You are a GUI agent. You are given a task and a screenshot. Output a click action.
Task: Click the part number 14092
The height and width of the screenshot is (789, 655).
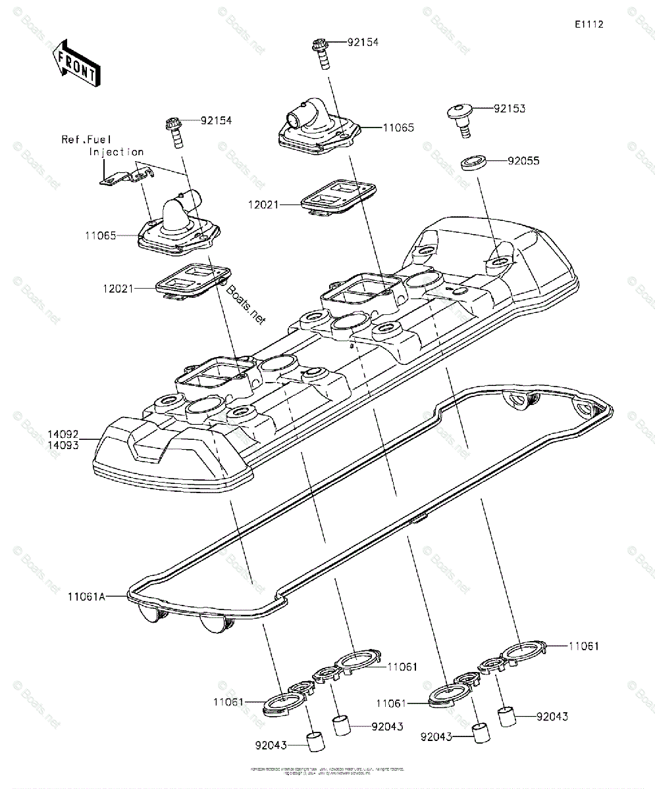coord(63,434)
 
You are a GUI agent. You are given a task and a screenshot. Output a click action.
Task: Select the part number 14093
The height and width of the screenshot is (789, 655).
coord(63,446)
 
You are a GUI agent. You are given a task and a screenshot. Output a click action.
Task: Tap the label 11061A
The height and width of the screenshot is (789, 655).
coord(86,597)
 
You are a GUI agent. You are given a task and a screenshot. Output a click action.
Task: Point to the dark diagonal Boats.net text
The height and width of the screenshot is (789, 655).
coord(246,305)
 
